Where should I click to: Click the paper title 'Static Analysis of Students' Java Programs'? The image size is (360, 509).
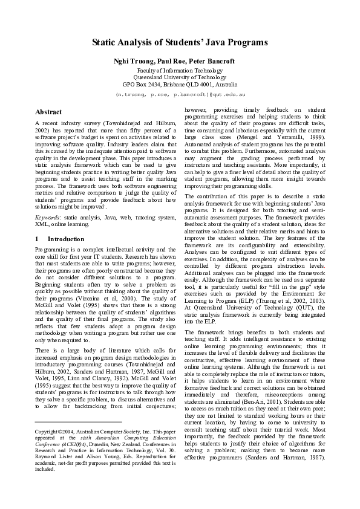(180, 43)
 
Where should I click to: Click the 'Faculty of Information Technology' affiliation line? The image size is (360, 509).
(180, 71)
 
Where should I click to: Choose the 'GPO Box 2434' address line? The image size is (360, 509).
(180, 85)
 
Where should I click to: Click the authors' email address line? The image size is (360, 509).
(180, 95)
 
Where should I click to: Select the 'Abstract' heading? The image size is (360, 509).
(48, 112)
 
